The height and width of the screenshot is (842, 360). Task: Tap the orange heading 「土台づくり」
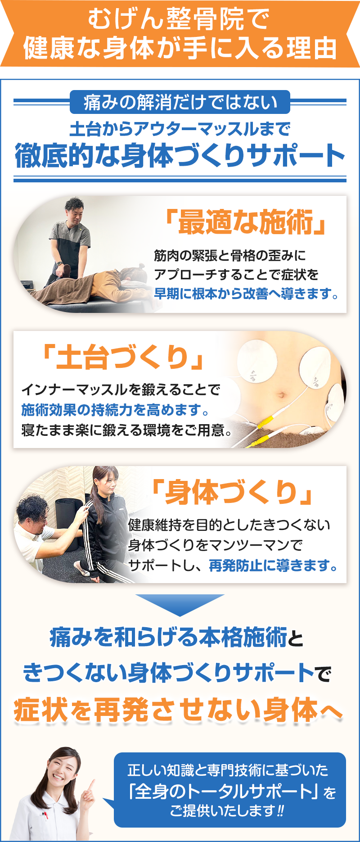pos(123,358)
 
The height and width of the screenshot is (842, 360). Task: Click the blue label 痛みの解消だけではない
pos(180,102)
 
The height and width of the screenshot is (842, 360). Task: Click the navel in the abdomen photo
pos(282,396)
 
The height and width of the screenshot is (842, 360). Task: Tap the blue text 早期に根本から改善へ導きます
pos(243,294)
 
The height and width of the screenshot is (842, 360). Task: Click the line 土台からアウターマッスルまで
pos(180,129)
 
